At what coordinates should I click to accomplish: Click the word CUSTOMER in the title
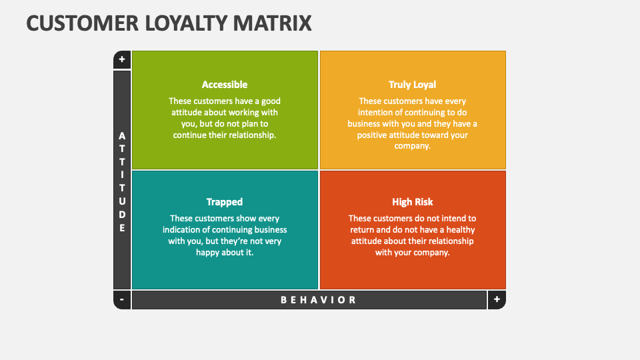click(83, 23)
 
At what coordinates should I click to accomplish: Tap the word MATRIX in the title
click(272, 23)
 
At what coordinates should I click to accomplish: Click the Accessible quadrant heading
click(225, 85)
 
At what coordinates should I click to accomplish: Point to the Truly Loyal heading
click(412, 85)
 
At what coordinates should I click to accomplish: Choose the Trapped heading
click(225, 202)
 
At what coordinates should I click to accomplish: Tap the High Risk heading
click(412, 202)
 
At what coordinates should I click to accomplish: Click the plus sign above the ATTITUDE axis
click(121, 59)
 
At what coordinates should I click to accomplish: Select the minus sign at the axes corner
click(121, 299)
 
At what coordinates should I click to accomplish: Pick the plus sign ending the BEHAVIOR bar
click(497, 299)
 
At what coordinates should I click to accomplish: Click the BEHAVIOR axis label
click(319, 300)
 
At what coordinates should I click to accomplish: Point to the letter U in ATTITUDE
click(122, 201)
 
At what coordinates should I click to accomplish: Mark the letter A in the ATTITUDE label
click(122, 136)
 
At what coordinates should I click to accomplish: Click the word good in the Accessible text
click(271, 101)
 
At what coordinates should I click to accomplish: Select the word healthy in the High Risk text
click(461, 230)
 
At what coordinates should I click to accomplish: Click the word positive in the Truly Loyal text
click(373, 135)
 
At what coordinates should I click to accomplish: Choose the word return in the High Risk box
click(362, 230)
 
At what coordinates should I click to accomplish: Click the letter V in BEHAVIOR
click(323, 300)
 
